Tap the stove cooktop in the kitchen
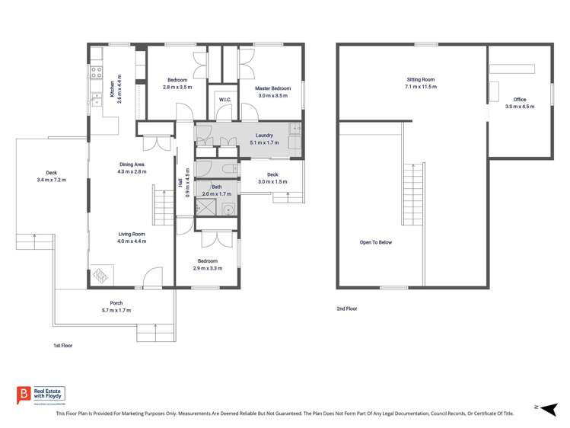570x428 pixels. (97, 73)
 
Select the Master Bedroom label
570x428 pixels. (273, 88)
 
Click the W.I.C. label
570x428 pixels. (224, 100)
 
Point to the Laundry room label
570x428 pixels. (264, 136)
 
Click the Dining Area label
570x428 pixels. (132, 164)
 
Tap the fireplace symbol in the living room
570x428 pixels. (100, 276)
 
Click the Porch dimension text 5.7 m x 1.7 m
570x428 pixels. (116, 311)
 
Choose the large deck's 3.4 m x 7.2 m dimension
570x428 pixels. (52, 180)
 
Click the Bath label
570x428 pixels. (217, 187)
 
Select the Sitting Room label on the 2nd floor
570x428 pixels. (420, 79)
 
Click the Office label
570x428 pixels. (520, 100)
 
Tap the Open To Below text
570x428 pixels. (376, 242)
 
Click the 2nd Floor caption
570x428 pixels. (346, 308)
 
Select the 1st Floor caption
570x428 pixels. (62, 345)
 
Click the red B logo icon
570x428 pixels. (23, 394)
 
